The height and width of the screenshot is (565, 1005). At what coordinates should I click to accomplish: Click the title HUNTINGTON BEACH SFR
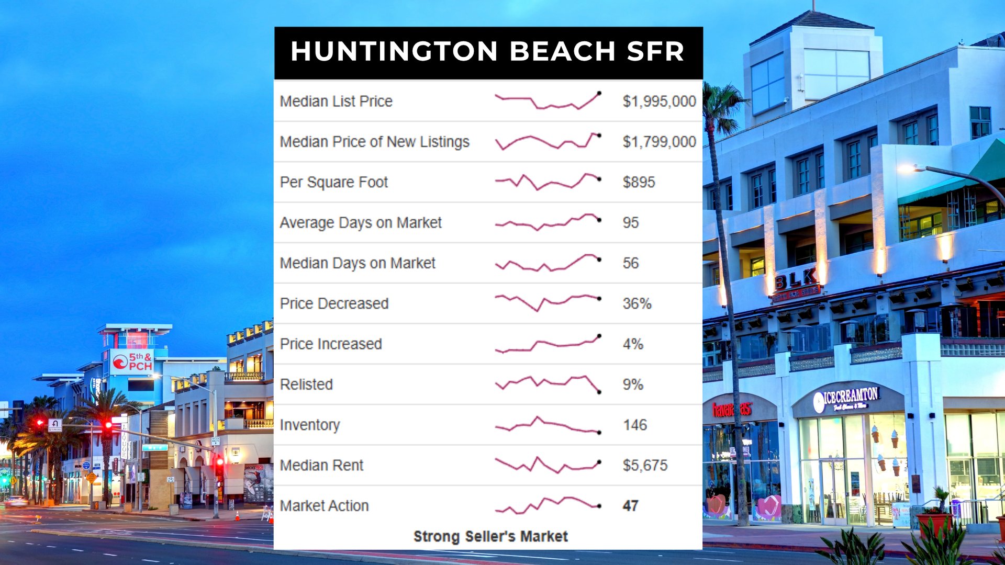tap(487, 51)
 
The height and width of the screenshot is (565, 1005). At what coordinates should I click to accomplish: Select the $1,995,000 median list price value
tap(659, 101)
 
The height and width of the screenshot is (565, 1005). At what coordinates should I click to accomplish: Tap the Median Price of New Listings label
tap(374, 142)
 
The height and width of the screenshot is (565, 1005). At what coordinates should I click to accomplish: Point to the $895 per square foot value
tap(639, 182)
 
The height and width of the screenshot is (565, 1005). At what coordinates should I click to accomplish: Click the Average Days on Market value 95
tap(630, 222)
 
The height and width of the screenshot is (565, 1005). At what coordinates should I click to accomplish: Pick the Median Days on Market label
tap(358, 263)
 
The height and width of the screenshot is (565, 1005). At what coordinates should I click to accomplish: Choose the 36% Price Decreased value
tap(636, 303)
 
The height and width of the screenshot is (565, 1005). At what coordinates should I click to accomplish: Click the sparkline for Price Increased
tap(548, 344)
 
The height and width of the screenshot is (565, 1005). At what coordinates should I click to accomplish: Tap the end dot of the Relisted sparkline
tap(599, 392)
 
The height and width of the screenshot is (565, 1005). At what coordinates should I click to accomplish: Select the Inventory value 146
tap(635, 425)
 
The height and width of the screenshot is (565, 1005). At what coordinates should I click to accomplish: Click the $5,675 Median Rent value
tap(645, 465)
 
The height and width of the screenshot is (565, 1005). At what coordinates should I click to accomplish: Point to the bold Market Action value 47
tap(630, 506)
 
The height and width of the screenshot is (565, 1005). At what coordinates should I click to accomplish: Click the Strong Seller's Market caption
tap(490, 536)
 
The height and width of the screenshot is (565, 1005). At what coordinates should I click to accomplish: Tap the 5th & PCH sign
tap(132, 362)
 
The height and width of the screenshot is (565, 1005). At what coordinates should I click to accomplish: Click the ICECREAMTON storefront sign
tap(846, 400)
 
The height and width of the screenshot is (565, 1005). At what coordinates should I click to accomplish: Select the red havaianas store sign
tap(732, 409)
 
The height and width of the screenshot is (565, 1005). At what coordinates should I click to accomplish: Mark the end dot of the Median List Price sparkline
tap(599, 93)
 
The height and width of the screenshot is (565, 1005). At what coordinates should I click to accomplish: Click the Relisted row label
tap(306, 385)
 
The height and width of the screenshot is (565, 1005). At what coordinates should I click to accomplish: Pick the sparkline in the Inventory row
tap(548, 425)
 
